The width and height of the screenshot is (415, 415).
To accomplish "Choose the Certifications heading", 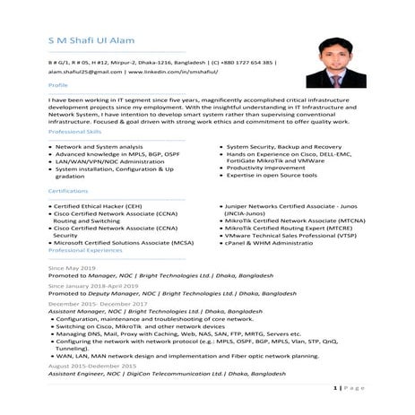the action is tap(68, 191).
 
